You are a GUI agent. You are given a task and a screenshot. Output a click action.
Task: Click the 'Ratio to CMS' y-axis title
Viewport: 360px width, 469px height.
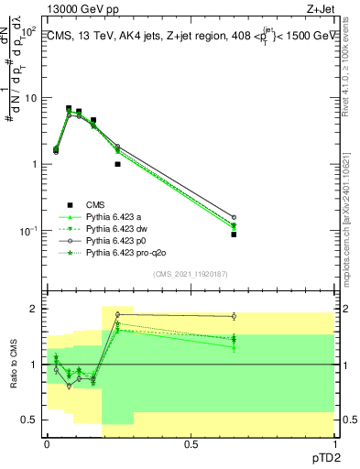tap(12, 365)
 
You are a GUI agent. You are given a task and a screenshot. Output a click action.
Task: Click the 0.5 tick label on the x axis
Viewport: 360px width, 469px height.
tap(191, 442)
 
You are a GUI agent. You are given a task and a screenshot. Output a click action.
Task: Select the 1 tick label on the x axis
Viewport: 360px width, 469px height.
tap(334, 442)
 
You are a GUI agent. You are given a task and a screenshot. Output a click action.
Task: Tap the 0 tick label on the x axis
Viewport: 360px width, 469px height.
tap(47, 442)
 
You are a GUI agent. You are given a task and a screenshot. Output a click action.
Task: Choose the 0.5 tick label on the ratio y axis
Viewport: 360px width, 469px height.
tap(29, 420)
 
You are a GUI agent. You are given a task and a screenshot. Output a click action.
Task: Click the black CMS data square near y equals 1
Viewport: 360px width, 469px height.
tap(117, 164)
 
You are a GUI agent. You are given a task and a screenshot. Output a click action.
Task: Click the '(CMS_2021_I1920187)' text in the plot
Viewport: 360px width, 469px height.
tap(191, 274)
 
